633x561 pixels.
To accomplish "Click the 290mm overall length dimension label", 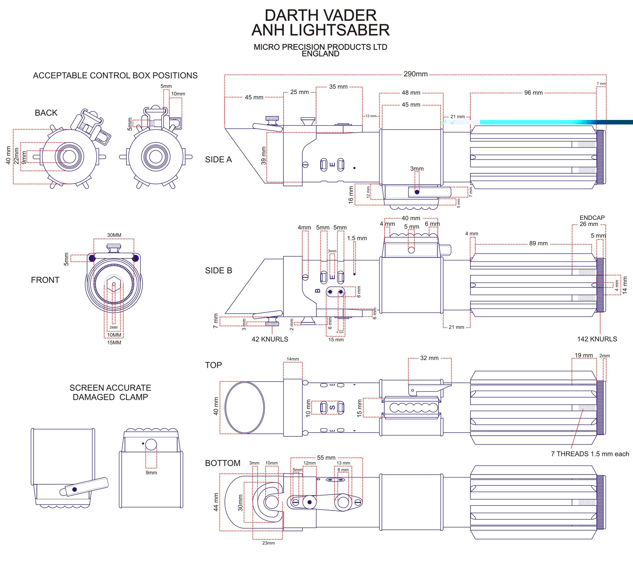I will click(415, 74).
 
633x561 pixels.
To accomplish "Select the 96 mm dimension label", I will click(533, 92).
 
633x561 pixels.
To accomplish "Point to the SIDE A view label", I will click(218, 159).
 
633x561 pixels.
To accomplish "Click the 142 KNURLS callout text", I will click(597, 339).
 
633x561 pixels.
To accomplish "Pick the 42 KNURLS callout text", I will click(270, 339).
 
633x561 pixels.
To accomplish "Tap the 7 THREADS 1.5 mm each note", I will click(590, 454).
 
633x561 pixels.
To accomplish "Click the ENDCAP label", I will click(592, 218).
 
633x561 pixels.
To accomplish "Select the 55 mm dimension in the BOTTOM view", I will click(326, 458).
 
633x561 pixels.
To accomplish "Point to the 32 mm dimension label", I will click(429, 358).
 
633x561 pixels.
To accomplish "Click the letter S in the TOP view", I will click(332, 407).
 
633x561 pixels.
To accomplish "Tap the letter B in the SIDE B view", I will click(317, 291).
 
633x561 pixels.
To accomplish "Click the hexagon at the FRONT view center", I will click(114, 284).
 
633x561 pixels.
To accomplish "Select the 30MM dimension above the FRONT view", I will click(114, 235).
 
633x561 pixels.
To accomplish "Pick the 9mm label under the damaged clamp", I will click(151, 472).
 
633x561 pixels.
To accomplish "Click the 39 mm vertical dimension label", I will click(263, 156).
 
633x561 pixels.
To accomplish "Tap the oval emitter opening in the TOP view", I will click(245, 407).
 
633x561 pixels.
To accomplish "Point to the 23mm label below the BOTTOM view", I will click(268, 543).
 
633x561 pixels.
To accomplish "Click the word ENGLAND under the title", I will click(320, 54).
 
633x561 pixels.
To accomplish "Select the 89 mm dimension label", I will click(538, 243).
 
